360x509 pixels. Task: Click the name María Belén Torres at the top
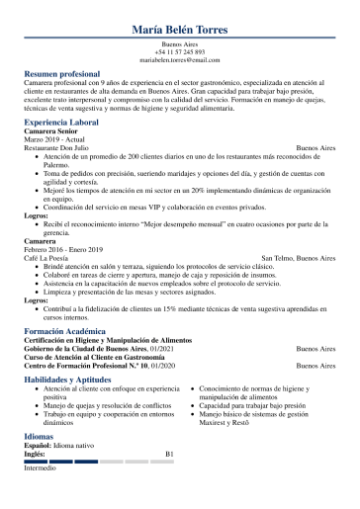(180, 30)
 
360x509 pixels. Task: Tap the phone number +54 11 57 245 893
(180, 52)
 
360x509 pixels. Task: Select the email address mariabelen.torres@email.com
(180, 60)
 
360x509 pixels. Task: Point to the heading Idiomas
(42, 438)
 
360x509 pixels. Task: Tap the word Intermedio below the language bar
(42, 467)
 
